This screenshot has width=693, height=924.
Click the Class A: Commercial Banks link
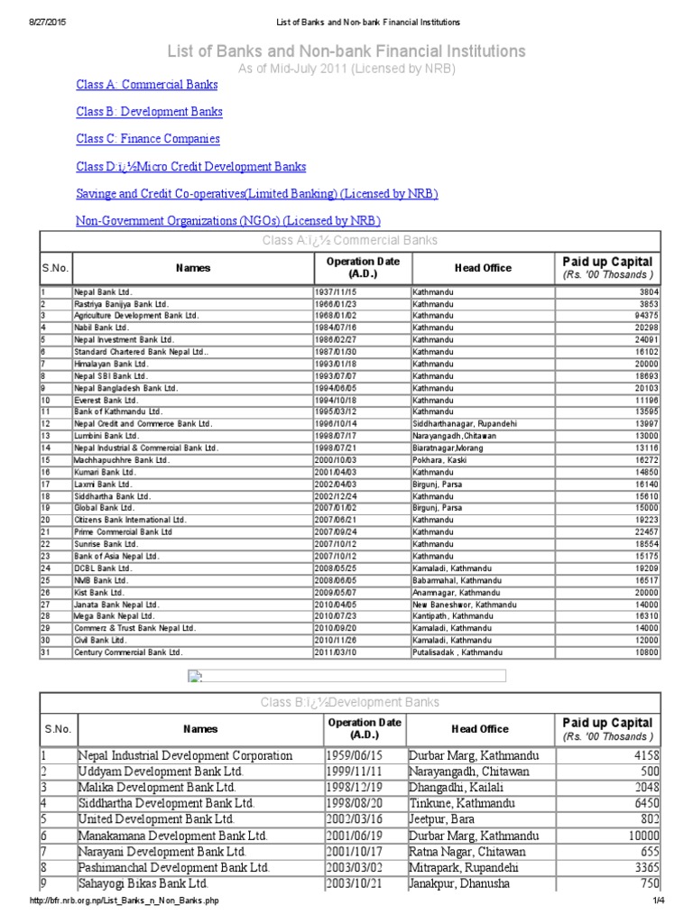(146, 85)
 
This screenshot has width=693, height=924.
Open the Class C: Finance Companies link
(148, 139)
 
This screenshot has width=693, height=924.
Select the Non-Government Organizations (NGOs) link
(228, 221)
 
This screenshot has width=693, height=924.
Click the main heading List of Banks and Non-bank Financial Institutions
(346, 51)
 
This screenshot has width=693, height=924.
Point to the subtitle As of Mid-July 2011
(346, 68)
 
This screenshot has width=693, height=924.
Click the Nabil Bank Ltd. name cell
(102, 328)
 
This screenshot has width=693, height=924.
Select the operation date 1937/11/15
(336, 292)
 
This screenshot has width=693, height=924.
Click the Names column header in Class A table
(192, 268)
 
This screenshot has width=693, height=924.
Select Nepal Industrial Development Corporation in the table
(185, 755)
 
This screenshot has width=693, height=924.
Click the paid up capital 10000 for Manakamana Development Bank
(642, 836)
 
